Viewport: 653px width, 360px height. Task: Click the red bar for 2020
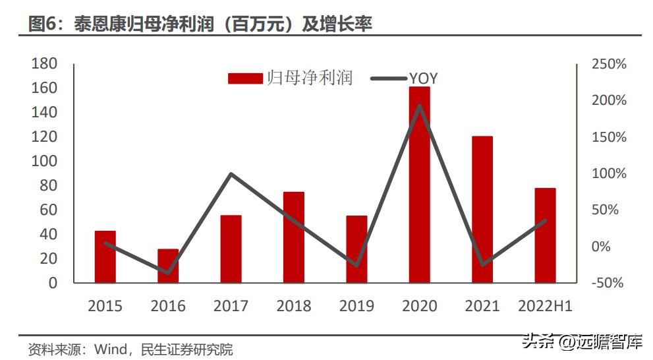point(419,185)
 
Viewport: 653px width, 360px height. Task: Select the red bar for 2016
point(168,266)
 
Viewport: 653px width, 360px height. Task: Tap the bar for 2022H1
point(545,235)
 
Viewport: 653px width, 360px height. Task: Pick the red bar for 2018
point(294,237)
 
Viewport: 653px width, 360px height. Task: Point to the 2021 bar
point(482,210)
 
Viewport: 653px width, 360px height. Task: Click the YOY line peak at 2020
point(420,105)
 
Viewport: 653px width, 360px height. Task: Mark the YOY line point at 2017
point(231,174)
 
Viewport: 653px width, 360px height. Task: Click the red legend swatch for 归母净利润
point(245,78)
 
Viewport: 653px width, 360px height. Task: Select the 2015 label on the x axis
point(105,306)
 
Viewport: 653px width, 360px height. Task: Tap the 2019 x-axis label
point(356,306)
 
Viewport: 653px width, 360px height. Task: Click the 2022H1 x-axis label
point(545,306)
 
